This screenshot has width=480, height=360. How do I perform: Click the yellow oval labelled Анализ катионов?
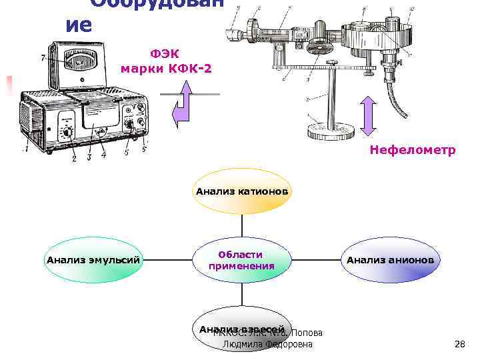[x=243, y=192]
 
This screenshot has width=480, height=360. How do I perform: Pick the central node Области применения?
[x=241, y=260]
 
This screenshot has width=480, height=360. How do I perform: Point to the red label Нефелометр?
[x=413, y=151]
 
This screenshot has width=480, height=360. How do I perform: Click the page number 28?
[x=459, y=345]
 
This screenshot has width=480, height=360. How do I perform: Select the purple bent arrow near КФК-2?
[x=182, y=107]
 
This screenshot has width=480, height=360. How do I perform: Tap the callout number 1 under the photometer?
[x=26, y=149]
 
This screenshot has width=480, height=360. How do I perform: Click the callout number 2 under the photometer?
[x=73, y=158]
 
